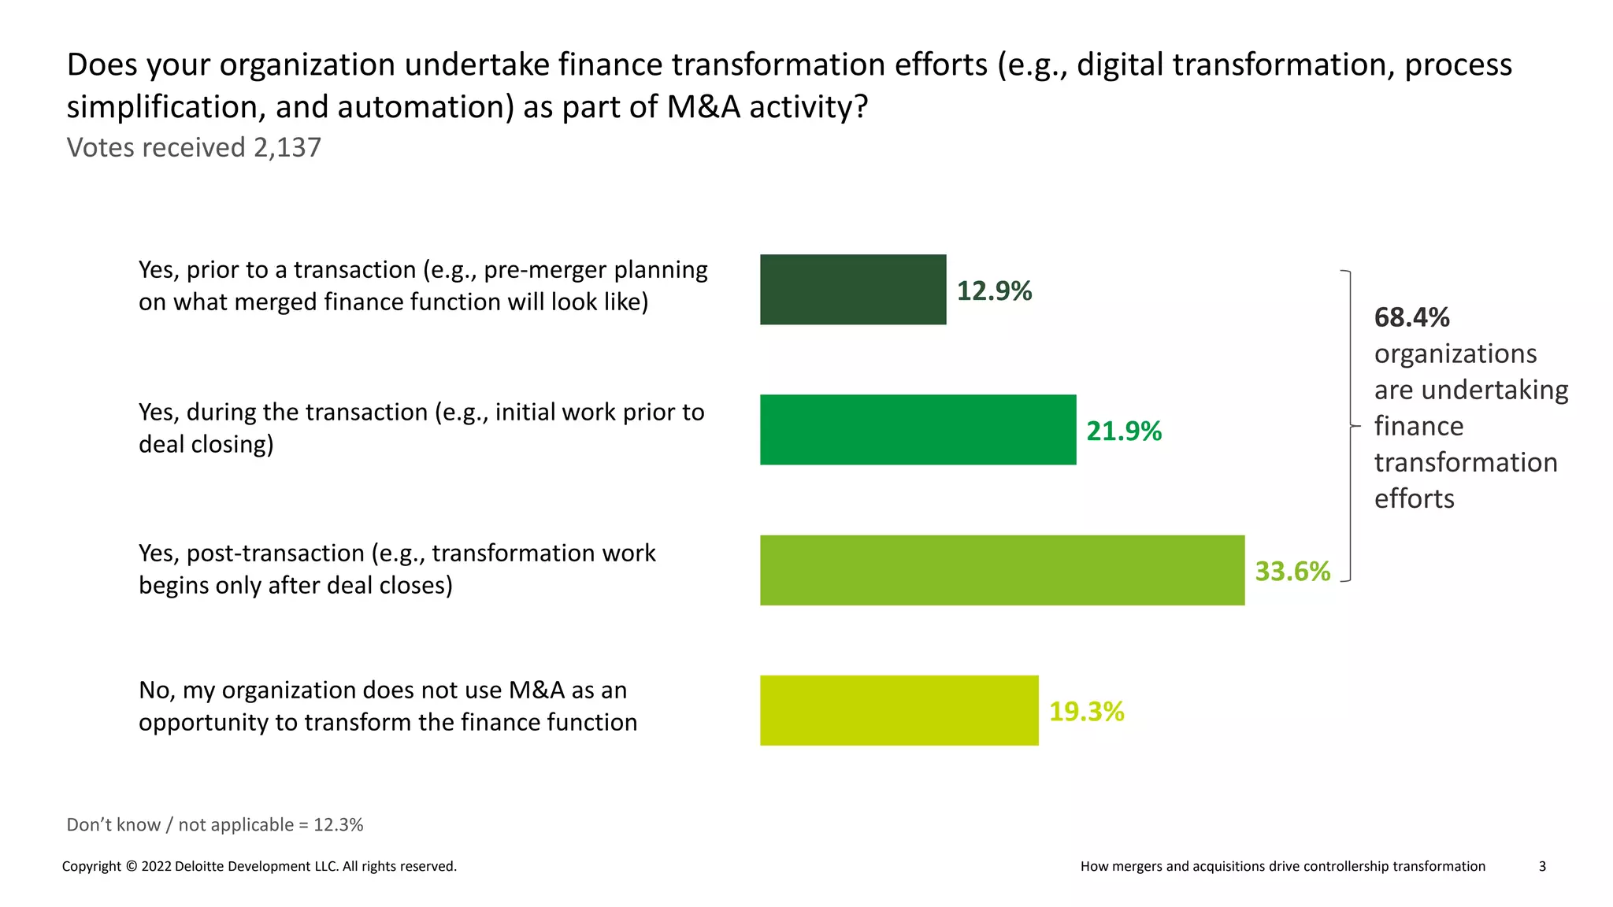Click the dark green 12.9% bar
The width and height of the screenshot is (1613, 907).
(852, 289)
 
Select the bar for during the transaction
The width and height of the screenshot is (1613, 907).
(918, 429)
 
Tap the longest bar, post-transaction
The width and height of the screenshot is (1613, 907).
(1002, 570)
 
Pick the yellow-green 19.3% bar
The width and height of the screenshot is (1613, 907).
(899, 710)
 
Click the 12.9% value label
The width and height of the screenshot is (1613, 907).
(994, 291)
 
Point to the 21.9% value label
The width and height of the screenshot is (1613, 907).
(1124, 431)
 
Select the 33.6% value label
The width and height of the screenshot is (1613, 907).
(1292, 571)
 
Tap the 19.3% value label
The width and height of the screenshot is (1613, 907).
(1086, 711)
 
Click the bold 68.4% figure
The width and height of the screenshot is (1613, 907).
(1411, 317)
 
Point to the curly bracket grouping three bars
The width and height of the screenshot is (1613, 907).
(1350, 425)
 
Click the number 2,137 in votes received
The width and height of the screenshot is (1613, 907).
(287, 147)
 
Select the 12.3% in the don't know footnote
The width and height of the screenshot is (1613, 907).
(339, 824)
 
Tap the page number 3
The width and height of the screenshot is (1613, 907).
(1542, 866)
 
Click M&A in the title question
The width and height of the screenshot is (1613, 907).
(703, 106)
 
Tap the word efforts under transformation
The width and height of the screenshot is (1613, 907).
(1414, 498)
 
